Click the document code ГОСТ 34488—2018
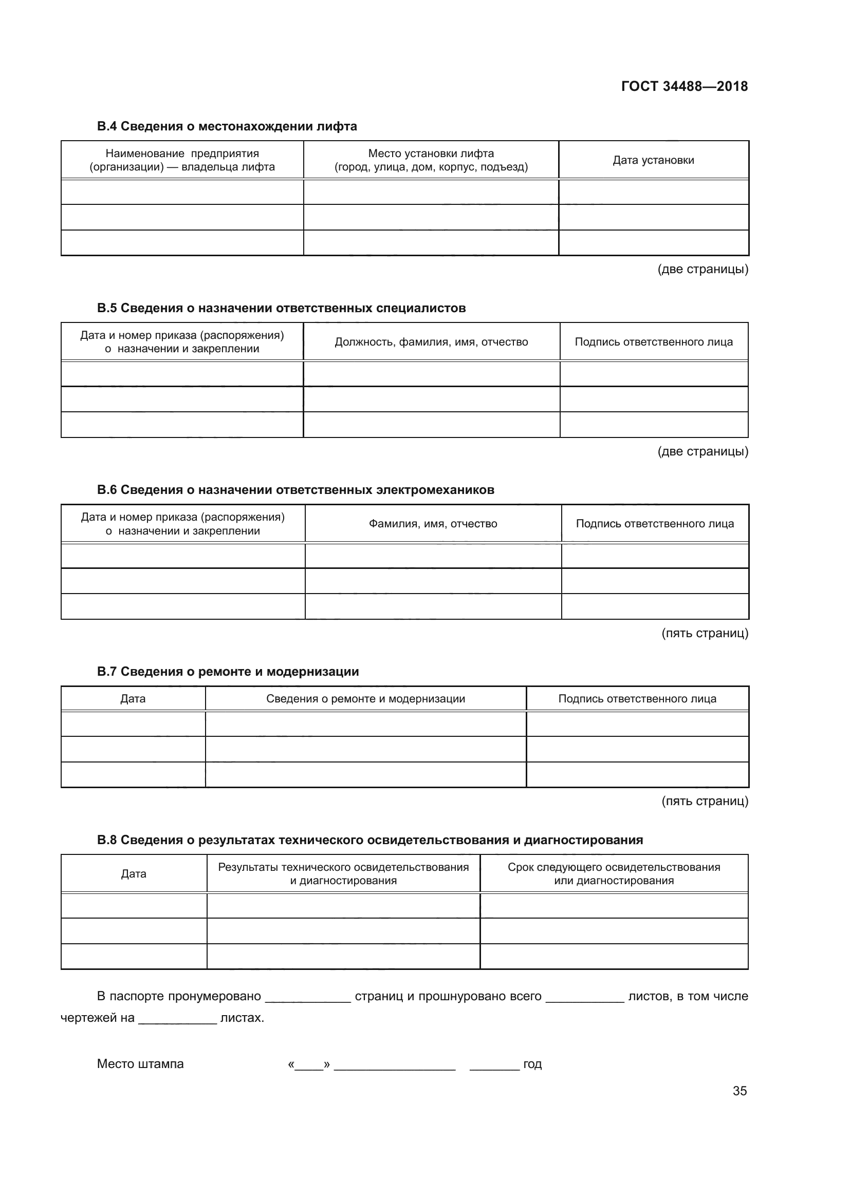(x=684, y=86)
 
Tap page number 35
(x=740, y=1091)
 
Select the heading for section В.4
(x=227, y=126)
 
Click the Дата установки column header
(x=653, y=160)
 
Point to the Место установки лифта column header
(x=431, y=160)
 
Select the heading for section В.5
(x=281, y=308)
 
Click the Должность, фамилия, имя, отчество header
(x=431, y=342)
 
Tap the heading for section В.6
(x=295, y=490)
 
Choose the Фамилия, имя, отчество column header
(x=433, y=524)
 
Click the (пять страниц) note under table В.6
(x=705, y=634)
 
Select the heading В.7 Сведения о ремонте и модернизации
(x=228, y=672)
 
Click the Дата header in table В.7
(x=133, y=699)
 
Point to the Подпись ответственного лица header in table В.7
(x=637, y=699)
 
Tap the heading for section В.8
(x=369, y=840)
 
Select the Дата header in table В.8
(x=134, y=873)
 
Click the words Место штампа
(x=140, y=1064)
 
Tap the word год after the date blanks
(x=532, y=1064)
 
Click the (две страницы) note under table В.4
(x=703, y=270)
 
